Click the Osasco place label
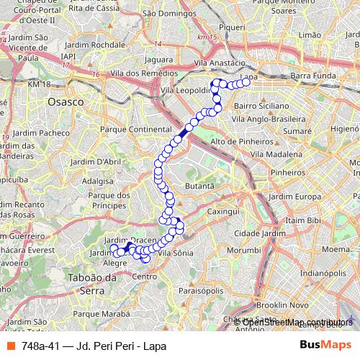pos(65,102)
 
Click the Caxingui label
pos(222,212)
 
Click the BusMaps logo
pos(325,346)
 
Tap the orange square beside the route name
pos(10,346)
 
